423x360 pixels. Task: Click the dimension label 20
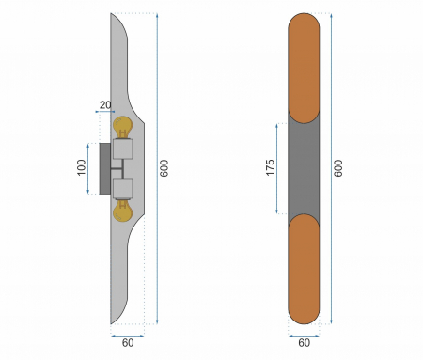pos(105,105)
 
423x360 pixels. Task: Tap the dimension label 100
pos(82,167)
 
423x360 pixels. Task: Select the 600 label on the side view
pos(164,168)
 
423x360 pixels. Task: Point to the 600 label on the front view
pos(338,168)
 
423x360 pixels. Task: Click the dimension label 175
pos(270,167)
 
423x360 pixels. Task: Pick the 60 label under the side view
pos(128,343)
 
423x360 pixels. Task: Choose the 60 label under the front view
pos(305,343)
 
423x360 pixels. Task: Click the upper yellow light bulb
pos(123,127)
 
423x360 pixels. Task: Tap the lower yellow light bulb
pos(123,211)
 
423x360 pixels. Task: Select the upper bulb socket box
pos(123,149)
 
